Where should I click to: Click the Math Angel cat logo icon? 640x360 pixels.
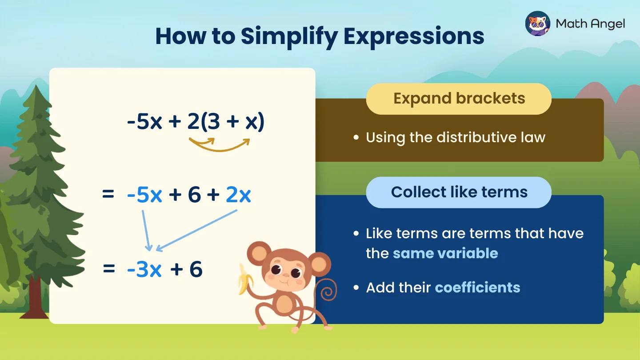pos(538,23)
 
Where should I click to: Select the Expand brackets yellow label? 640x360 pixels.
pos(459,99)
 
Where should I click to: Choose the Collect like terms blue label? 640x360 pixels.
pos(459,192)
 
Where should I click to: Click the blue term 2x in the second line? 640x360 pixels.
pos(238,196)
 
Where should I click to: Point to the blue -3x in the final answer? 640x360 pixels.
pos(144,269)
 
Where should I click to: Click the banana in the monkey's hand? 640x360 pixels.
pos(243,279)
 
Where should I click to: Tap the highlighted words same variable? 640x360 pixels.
pos(445,253)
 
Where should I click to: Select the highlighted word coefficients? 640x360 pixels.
pos(477,288)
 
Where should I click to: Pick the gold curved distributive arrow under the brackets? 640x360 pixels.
pos(220,146)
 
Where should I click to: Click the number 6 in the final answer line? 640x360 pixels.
pos(196,269)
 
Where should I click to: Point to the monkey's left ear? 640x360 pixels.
pos(257,253)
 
